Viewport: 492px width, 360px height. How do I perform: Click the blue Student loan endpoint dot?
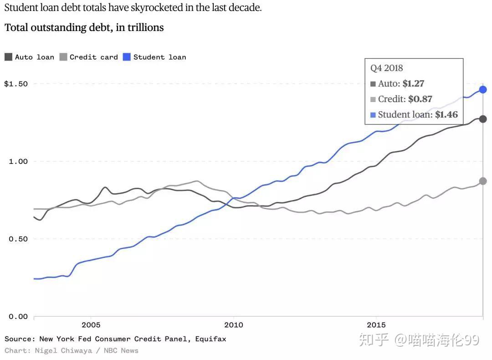click(x=483, y=89)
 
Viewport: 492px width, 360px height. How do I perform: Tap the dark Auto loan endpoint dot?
click(x=483, y=119)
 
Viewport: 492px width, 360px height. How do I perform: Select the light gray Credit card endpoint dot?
click(x=483, y=181)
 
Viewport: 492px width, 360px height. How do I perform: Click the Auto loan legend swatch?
click(x=8, y=57)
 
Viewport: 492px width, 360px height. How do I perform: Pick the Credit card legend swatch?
click(x=63, y=57)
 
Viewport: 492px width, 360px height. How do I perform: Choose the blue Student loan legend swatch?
click(x=127, y=57)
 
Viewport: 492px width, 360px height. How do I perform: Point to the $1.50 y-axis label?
click(x=16, y=84)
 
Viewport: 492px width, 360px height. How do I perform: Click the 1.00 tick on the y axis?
click(x=18, y=161)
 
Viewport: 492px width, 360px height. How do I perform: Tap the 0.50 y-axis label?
click(x=18, y=239)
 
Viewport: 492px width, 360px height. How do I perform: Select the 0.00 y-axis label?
click(x=18, y=316)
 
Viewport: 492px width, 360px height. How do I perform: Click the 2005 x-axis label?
click(x=91, y=325)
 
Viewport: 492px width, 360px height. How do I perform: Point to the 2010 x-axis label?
click(x=233, y=325)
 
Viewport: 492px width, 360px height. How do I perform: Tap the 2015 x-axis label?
click(x=376, y=325)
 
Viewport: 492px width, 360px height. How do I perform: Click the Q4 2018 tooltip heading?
click(x=386, y=68)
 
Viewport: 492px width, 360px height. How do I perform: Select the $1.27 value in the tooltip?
click(x=413, y=84)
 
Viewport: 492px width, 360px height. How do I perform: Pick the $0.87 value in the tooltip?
click(x=420, y=99)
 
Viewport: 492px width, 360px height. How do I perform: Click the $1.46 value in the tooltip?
click(x=446, y=115)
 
